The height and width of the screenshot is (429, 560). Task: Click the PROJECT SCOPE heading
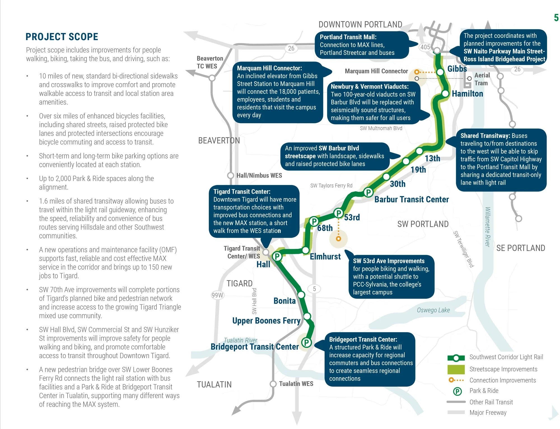(x=62, y=37)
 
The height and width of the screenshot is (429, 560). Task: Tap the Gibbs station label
(x=457, y=69)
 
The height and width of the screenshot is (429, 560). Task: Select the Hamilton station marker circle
(x=445, y=94)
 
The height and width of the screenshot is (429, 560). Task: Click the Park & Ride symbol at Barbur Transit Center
(x=368, y=192)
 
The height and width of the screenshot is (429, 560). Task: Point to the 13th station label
(x=432, y=158)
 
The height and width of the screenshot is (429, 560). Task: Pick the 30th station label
(x=398, y=184)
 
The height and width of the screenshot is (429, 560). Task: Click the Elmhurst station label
(x=325, y=257)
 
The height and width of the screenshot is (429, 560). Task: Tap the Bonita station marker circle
(x=301, y=295)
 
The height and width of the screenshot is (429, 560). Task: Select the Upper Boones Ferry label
(x=266, y=321)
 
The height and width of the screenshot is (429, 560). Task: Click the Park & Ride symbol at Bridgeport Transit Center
(x=307, y=342)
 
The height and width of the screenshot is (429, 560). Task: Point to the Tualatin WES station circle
(x=273, y=384)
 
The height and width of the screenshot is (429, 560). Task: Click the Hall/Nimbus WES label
(x=259, y=176)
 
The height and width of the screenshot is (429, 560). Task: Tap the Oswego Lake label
(x=433, y=310)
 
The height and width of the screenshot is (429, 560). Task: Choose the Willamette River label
(x=487, y=227)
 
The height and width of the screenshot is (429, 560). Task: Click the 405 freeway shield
(x=425, y=47)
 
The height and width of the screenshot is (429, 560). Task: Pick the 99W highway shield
(x=217, y=295)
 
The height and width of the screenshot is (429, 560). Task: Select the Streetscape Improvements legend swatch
(x=456, y=369)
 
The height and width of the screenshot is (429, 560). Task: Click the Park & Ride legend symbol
(x=457, y=391)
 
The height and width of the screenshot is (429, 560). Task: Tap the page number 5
(x=556, y=18)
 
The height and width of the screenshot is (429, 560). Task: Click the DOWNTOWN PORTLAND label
(x=360, y=25)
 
